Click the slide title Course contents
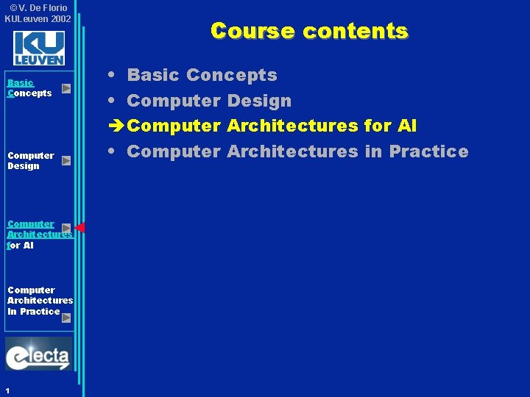pos(308,31)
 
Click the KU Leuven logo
pos(39,49)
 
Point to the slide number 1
pos(7,390)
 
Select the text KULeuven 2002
pos(38,18)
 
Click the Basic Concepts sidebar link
pos(29,88)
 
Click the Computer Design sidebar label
pos(30,160)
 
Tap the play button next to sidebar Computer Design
pos(66,160)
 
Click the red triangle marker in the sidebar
pos(80,227)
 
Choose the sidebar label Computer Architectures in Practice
pos(40,301)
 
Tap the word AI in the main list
pos(406,126)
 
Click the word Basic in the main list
pos(153,75)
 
